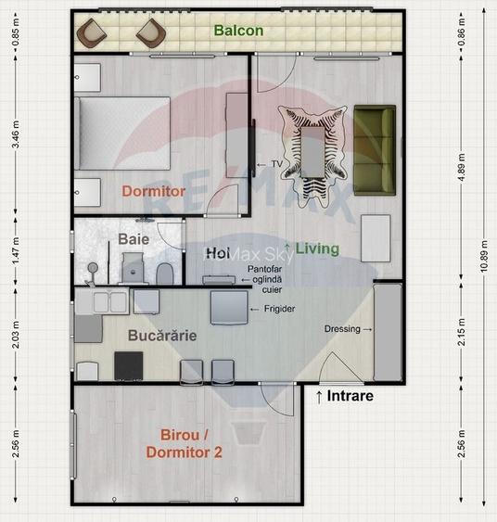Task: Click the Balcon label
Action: coord(238,31)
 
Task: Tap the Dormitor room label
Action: coord(153,191)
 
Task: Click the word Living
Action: coord(317,249)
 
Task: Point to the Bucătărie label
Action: coord(162,336)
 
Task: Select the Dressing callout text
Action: coord(344,329)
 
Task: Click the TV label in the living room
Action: coord(276,164)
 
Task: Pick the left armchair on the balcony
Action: coord(93,34)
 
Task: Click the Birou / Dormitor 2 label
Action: coord(184,443)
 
